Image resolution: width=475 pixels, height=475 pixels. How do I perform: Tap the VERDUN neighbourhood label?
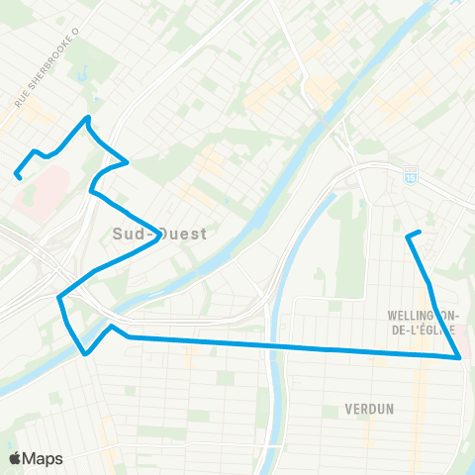pyautogui.click(x=370, y=408)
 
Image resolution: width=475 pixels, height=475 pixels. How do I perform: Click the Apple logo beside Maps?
pyautogui.click(x=15, y=459)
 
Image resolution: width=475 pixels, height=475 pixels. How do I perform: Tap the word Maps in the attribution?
pyautogui.click(x=44, y=459)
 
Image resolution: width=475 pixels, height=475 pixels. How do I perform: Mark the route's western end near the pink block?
pyautogui.click(x=18, y=177)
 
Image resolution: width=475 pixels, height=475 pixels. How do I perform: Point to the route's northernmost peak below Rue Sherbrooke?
pyautogui.click(x=89, y=118)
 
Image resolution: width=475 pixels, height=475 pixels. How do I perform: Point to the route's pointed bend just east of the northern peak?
pyautogui.click(x=128, y=161)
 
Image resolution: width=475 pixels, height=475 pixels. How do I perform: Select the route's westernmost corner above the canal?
pyautogui.click(x=59, y=296)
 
